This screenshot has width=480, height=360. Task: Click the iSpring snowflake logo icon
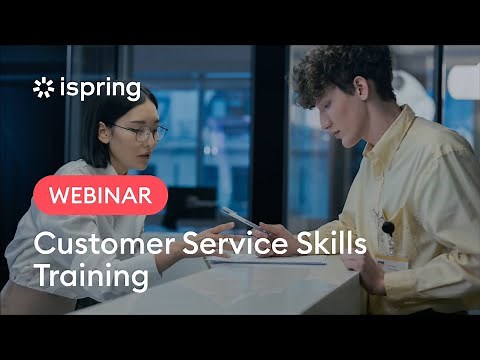(43, 88)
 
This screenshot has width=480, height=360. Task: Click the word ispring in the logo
(98, 89)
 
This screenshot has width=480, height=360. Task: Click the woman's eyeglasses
(140, 132)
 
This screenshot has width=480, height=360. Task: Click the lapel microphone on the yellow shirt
(388, 229)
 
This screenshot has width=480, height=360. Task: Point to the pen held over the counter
(238, 217)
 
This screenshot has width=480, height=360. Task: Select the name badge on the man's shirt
(392, 262)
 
